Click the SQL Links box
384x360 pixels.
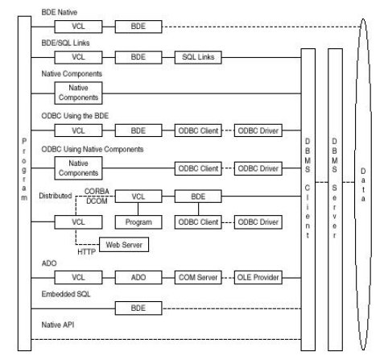[x=198, y=57]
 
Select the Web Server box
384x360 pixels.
[x=124, y=245]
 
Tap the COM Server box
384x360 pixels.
[x=198, y=277]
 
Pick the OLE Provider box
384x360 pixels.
[x=258, y=277]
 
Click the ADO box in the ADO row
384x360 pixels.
[x=138, y=277]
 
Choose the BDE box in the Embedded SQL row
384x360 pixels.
[x=138, y=308]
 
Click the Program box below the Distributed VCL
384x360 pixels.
[x=138, y=222]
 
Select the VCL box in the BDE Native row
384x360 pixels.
[x=78, y=27]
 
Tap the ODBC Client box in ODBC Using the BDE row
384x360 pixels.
[x=198, y=130]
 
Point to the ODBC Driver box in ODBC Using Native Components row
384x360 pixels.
[x=258, y=168]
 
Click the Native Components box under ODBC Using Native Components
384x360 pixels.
[x=78, y=168]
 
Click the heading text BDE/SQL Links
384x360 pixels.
[x=65, y=43]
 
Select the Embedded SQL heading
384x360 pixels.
[x=66, y=294]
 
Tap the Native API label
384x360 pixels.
[x=58, y=325]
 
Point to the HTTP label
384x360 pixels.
[x=86, y=252]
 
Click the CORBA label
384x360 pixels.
[x=97, y=192]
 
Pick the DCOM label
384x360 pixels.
[x=97, y=201]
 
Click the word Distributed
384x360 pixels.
[x=56, y=196]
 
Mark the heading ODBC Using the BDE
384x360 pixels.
[x=75, y=116]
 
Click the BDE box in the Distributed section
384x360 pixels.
[x=198, y=197]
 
